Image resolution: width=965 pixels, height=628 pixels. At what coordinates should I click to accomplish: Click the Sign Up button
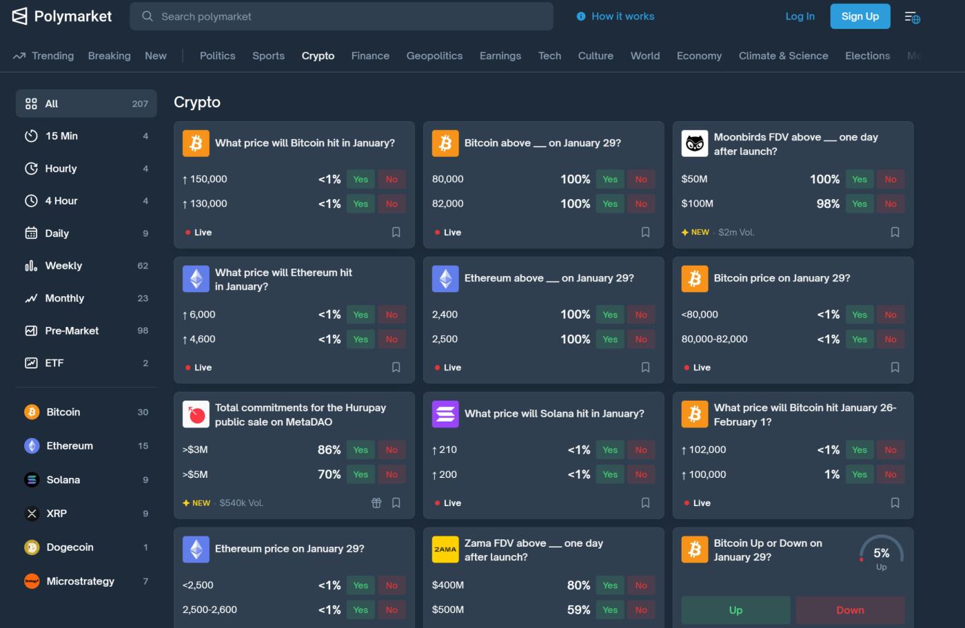pos(860,17)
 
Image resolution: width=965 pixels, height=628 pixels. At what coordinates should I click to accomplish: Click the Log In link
pos(800,17)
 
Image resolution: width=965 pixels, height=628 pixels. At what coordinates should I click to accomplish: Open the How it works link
pos(616,17)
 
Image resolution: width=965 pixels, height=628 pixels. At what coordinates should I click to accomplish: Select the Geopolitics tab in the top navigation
pos(434,56)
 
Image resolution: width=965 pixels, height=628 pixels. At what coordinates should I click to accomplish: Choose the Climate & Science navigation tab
pos(783,56)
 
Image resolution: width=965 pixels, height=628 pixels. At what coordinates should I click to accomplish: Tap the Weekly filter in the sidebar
pos(63,266)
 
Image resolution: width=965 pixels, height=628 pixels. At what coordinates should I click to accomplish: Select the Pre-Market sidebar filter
pos(72,331)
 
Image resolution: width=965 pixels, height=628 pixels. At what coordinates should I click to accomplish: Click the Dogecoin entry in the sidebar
pos(70,547)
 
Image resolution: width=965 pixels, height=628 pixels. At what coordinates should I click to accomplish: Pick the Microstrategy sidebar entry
pos(80,581)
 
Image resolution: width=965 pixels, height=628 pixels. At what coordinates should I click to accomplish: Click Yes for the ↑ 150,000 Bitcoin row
pos(360,179)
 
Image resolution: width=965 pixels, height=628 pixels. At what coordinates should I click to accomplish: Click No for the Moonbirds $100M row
pos(890,204)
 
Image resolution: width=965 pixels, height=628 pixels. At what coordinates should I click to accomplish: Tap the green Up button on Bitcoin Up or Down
pos(735,610)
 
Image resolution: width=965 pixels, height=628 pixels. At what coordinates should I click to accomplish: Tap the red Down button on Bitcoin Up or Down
pos(850,610)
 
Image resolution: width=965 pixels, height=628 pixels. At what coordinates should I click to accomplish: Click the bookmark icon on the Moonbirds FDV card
pos(895,232)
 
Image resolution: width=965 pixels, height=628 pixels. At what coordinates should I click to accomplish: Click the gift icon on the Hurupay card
pos(376,503)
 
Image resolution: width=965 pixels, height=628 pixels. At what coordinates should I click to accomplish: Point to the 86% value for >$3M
pos(329,450)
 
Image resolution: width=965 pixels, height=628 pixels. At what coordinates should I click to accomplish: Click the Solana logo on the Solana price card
pos(445,414)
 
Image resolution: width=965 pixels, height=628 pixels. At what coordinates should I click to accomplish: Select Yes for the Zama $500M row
pos(610,610)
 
